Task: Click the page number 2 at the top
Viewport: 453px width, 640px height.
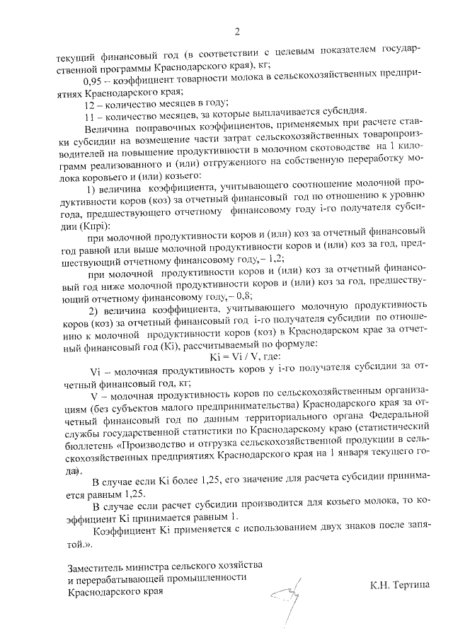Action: click(x=238, y=30)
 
